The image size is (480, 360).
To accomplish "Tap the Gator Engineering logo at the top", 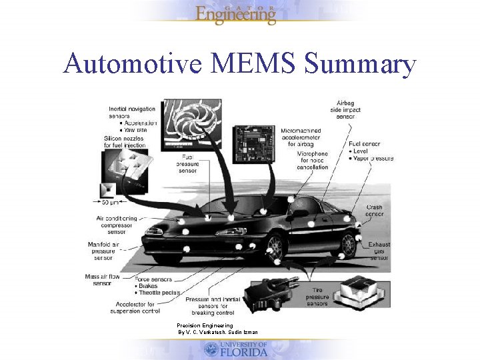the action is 235,13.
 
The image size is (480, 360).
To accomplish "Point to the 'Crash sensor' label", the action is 375,211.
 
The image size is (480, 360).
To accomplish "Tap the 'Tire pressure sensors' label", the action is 317,297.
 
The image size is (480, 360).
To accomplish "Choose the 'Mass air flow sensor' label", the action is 102,279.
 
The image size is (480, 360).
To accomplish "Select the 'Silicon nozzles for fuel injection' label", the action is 125,141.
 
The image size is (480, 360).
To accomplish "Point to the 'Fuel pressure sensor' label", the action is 187,163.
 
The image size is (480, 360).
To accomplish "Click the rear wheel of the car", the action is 347,244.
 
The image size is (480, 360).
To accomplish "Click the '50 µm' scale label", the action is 111,201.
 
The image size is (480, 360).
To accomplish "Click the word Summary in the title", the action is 359,65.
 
